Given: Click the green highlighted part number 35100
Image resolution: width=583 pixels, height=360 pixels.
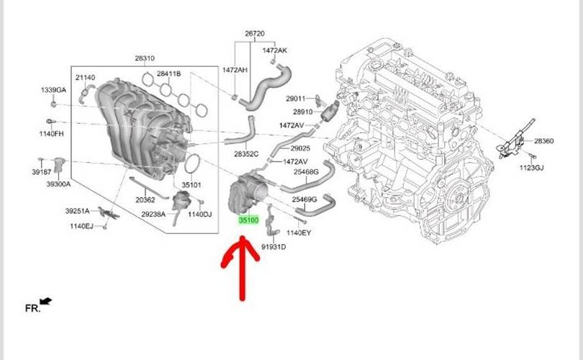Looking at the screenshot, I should click(x=248, y=220).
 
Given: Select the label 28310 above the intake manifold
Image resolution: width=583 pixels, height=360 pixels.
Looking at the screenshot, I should click(x=144, y=58).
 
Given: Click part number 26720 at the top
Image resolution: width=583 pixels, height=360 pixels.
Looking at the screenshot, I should click(x=255, y=34).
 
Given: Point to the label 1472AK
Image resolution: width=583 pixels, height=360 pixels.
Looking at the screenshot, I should click(x=274, y=51).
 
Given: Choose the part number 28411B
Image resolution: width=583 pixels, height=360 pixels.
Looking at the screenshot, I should click(x=168, y=74).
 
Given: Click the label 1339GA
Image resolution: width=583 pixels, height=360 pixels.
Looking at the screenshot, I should click(x=53, y=90).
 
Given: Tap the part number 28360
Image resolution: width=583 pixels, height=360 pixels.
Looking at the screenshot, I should click(x=543, y=142).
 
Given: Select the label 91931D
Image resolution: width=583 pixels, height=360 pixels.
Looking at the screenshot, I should click(x=274, y=246).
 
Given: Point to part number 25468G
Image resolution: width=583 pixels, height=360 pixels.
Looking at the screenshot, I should click(x=305, y=172).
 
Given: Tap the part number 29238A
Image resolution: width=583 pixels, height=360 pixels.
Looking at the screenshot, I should click(x=153, y=214).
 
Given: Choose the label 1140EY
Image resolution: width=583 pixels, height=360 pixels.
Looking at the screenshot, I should click(x=298, y=233).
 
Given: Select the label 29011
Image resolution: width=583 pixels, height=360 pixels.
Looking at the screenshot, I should click(x=296, y=98).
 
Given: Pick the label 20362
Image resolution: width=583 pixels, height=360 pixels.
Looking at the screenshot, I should click(x=145, y=199).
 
